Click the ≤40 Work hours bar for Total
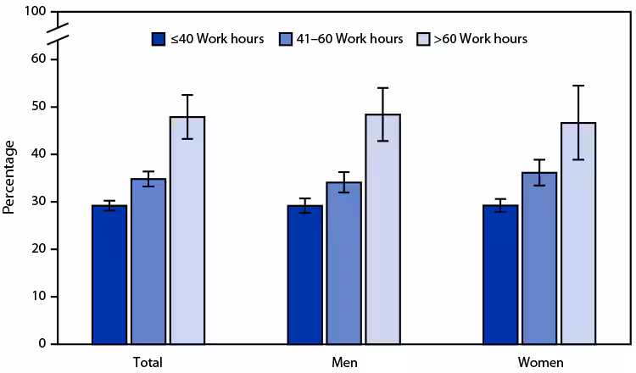[x=109, y=275]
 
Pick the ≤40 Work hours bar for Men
[x=304, y=275]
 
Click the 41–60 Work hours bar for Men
[x=343, y=263]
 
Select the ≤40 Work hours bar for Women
[x=499, y=275]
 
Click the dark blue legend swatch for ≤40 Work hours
[x=158, y=39]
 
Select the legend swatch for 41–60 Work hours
[x=288, y=39]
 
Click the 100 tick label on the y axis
[x=34, y=12]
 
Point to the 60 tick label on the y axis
[x=37, y=59]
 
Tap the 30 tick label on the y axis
[x=37, y=202]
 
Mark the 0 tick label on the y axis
[x=41, y=344]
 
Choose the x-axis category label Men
[x=343, y=362]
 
